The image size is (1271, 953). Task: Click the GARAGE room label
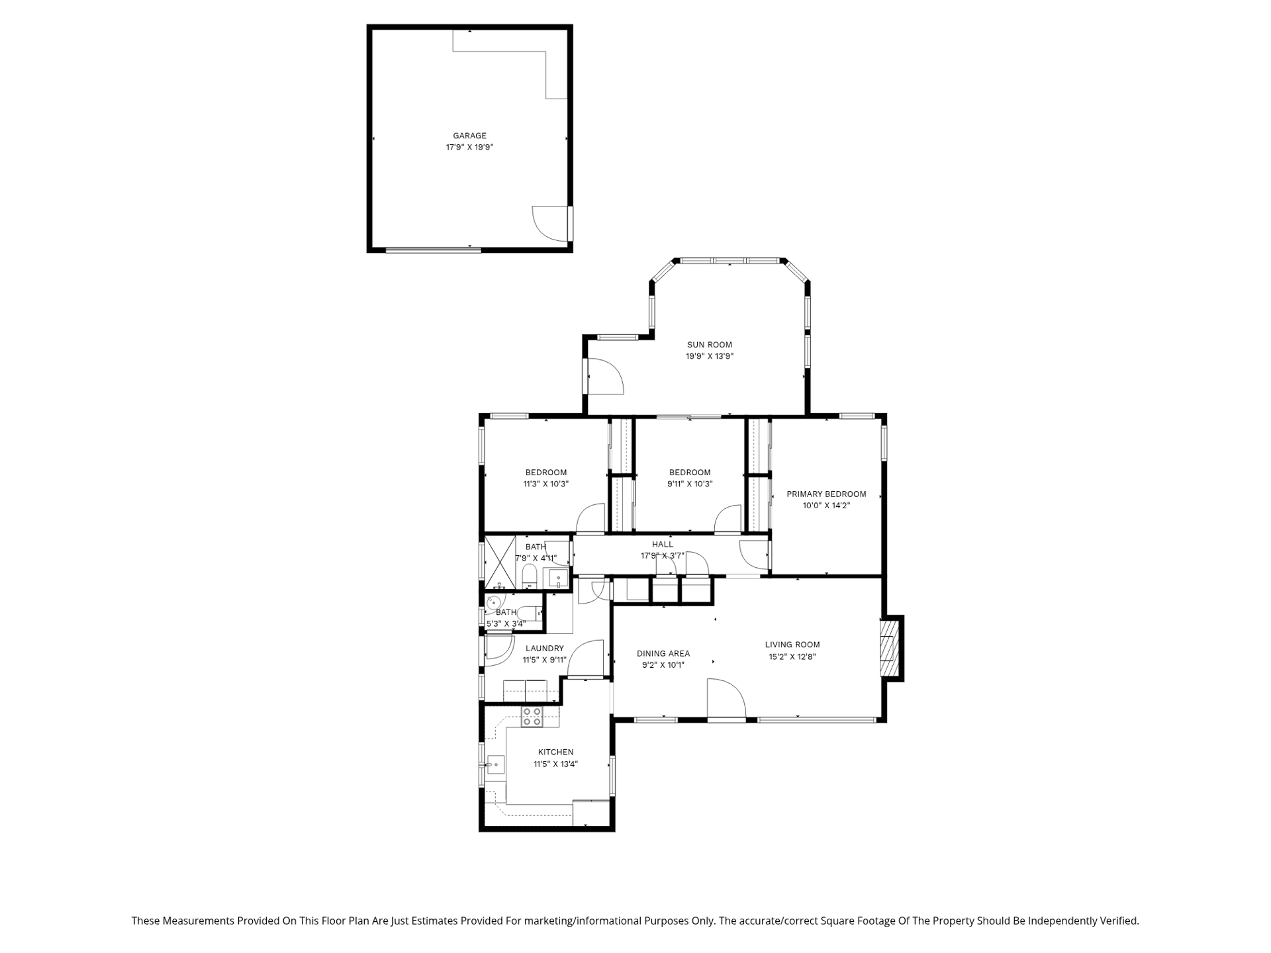[x=469, y=136]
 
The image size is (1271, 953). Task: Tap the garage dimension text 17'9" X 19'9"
[x=469, y=148]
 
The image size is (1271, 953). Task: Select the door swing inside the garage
[x=549, y=224]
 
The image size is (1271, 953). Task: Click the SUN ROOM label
[x=709, y=345]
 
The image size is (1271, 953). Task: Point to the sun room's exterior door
[x=605, y=377]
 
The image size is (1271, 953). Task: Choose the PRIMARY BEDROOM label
[x=826, y=494]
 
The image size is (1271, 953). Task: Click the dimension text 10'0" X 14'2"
[x=826, y=506]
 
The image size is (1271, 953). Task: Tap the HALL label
[x=663, y=545]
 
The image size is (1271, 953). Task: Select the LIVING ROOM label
[x=792, y=645]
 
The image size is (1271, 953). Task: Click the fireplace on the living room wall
[x=891, y=648]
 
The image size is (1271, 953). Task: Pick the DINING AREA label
[x=663, y=654]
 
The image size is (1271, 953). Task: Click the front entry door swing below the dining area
[x=726, y=698]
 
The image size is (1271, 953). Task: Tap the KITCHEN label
[x=555, y=752]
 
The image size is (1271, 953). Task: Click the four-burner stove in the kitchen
[x=532, y=717]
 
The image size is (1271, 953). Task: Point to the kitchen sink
[x=495, y=765]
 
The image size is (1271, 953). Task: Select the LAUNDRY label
[x=545, y=649]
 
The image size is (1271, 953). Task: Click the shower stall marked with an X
[x=500, y=562]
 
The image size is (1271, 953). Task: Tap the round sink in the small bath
[x=493, y=603]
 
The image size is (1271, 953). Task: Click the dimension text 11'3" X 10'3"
[x=546, y=484]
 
